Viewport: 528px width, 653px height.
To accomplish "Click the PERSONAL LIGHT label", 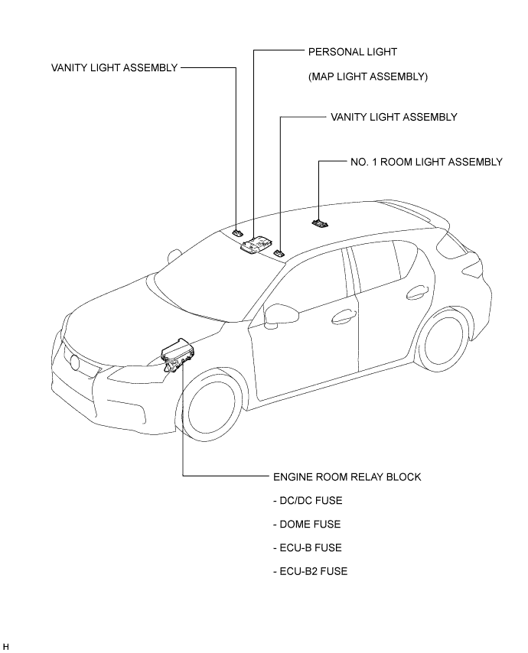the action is [x=353, y=52].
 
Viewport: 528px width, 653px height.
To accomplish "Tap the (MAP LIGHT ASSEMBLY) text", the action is [x=368, y=76].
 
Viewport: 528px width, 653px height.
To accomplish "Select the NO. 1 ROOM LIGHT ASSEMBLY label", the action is [x=426, y=161].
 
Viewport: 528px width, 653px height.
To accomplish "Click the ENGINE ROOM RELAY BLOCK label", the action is [x=347, y=477].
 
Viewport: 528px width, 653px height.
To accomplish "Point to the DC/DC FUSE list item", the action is [x=308, y=501].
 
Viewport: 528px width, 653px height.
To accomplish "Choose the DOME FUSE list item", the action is [x=307, y=524].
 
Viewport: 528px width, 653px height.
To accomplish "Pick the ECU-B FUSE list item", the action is [x=308, y=547].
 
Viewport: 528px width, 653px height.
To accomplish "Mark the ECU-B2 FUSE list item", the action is [x=311, y=571].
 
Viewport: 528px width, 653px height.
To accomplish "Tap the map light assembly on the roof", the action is [x=256, y=244].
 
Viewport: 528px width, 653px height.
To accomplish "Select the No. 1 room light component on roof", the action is [x=320, y=223].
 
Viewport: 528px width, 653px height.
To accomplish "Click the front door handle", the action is [x=344, y=316].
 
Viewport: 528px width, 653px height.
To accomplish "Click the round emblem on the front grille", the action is [x=75, y=362].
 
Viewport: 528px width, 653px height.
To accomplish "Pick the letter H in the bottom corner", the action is [x=5, y=646].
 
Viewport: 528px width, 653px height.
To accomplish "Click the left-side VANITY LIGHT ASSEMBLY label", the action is [x=115, y=67].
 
